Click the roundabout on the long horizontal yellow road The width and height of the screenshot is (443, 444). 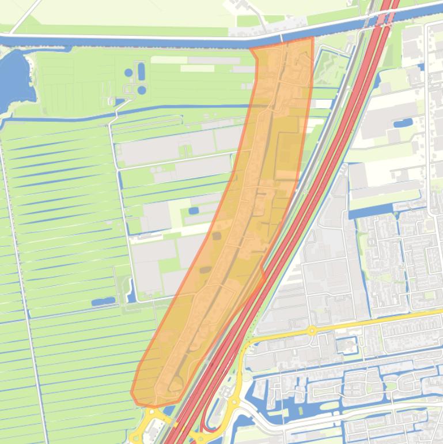(x=312, y=330)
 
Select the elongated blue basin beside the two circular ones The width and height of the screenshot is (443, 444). (x=141, y=72)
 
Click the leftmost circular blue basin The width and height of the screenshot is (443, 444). (x=128, y=73)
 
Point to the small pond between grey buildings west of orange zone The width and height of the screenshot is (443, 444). (x=194, y=210)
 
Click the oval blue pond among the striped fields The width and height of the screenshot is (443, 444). (x=103, y=301)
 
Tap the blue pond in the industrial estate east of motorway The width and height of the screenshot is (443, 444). (x=403, y=123)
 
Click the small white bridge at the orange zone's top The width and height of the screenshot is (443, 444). (x=282, y=38)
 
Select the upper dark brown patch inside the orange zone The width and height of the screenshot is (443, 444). (x=217, y=235)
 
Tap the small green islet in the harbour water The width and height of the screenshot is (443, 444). (x=391, y=385)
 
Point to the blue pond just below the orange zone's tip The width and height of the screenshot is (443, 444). (x=161, y=411)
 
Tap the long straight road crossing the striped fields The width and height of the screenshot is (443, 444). (x=23, y=288)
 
